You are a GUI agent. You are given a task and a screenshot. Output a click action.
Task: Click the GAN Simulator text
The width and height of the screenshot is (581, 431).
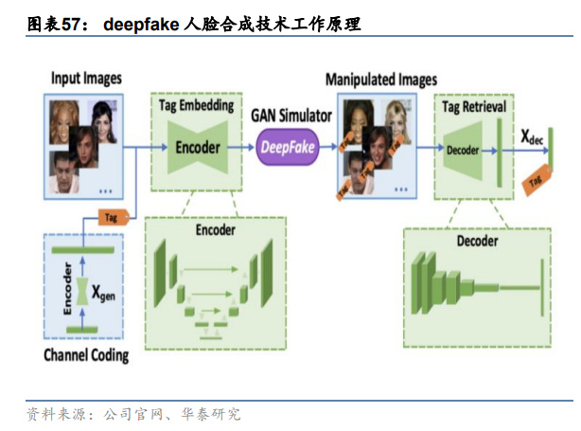pyautogui.click(x=290, y=115)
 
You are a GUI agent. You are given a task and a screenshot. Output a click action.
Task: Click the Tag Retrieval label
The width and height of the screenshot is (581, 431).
pyautogui.click(x=474, y=106)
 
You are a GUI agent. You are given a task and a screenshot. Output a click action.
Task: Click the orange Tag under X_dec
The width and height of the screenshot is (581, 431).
pyautogui.click(x=537, y=180)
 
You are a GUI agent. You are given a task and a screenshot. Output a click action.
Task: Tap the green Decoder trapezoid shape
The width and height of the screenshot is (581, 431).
pyautogui.click(x=464, y=150)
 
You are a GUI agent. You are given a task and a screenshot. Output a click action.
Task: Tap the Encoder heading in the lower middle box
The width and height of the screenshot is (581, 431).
pyautogui.click(x=215, y=229)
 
